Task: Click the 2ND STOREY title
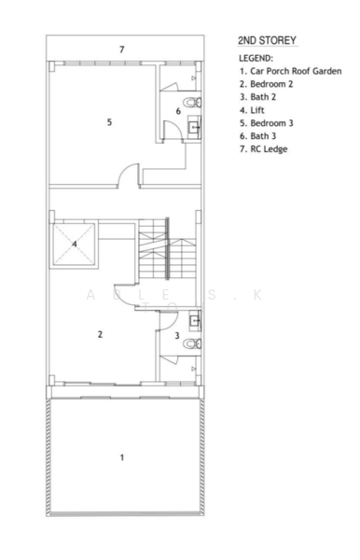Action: click(x=267, y=40)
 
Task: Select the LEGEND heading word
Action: click(x=256, y=58)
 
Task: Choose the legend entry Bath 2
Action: click(x=262, y=96)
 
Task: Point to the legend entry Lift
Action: click(x=255, y=109)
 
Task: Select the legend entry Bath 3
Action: click(x=262, y=135)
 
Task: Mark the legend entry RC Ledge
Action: click(x=266, y=148)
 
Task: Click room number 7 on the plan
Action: click(x=121, y=48)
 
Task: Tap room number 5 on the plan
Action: click(x=109, y=122)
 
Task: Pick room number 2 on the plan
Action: click(x=100, y=333)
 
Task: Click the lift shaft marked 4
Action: click(x=75, y=244)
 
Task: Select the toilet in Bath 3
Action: click(x=190, y=101)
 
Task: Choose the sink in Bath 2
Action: click(x=195, y=321)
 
